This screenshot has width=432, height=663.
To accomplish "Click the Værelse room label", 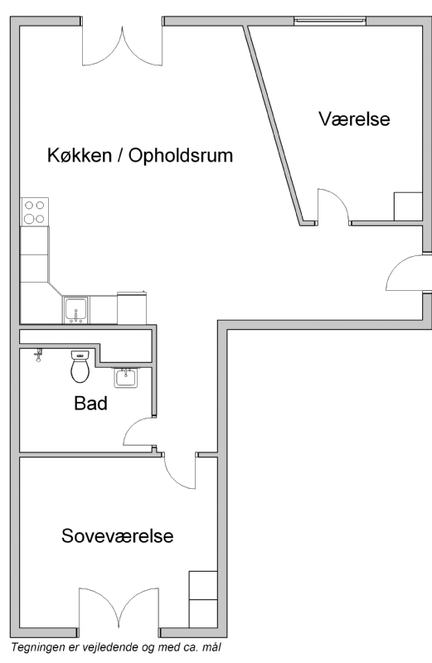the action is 354,119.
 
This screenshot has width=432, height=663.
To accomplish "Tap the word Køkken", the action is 79,155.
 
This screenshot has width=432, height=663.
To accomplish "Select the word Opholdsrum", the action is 181,156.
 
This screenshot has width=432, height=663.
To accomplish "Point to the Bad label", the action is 90,403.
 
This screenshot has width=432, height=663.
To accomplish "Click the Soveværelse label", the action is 117,535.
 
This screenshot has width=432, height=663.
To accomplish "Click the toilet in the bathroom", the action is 80,366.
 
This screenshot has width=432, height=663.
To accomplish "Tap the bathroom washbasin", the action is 125,378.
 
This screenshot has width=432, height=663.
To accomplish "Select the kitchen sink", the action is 75,310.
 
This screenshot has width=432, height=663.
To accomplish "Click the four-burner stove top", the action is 34,212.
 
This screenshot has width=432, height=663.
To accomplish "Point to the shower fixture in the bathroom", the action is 39,356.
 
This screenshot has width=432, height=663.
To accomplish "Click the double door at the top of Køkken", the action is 122,46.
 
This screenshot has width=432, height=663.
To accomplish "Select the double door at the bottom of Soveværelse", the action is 119,609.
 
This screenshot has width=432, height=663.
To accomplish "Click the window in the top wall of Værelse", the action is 330,19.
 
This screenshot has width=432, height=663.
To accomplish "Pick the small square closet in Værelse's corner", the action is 408,206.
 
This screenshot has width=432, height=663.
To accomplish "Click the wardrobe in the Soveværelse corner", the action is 203,598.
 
